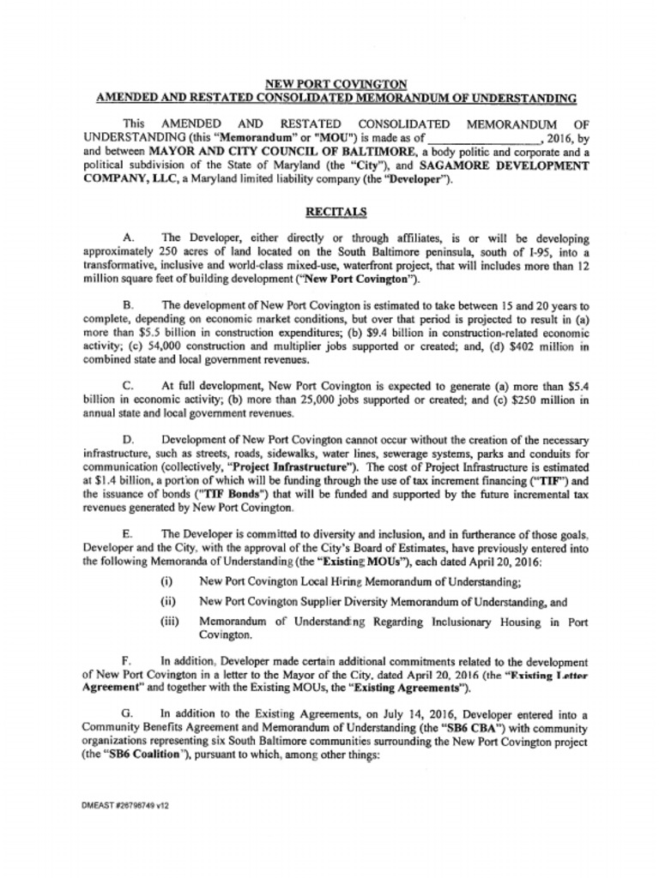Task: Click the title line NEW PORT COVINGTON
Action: (336, 84)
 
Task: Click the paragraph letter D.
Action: (128, 440)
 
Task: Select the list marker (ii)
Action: (168, 602)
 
